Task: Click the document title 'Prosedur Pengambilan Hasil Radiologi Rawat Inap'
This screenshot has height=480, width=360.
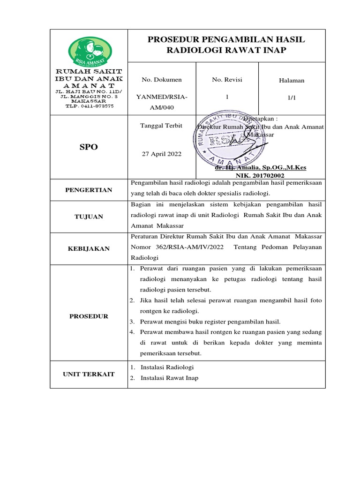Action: click(226, 45)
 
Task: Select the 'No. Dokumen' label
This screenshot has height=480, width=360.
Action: click(162, 80)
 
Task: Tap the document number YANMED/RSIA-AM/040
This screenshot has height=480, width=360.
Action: click(161, 102)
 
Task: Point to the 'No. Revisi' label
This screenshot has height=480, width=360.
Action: click(227, 80)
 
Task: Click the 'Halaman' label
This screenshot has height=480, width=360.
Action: click(292, 80)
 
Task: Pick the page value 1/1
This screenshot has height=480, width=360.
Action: click(292, 98)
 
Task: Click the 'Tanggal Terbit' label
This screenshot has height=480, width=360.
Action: click(162, 126)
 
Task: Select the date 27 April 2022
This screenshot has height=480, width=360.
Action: click(162, 154)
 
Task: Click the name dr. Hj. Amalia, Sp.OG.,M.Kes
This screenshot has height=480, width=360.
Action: click(260, 167)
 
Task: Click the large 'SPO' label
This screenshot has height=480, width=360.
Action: click(89, 147)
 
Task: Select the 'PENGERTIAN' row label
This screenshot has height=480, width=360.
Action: click(89, 190)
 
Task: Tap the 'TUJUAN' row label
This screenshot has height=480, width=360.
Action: click(89, 217)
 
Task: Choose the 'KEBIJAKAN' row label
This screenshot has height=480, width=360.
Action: click(89, 248)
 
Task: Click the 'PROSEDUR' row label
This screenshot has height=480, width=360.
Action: click(89, 316)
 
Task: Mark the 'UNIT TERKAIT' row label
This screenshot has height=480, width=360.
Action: click(89, 374)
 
